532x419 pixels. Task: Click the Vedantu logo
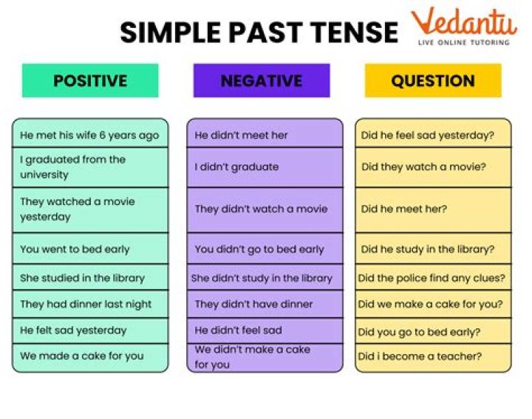(463, 22)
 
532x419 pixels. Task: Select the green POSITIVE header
(90, 80)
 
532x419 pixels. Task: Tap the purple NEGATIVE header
(262, 80)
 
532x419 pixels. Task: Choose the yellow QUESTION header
(433, 80)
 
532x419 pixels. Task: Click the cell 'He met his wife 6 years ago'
(90, 135)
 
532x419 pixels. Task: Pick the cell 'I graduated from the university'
(90, 167)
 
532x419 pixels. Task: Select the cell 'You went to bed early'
(90, 249)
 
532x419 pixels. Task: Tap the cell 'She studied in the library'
(90, 278)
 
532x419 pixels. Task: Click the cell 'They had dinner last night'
(90, 304)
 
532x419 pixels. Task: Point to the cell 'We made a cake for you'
(90, 356)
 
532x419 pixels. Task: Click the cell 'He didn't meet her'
(265, 135)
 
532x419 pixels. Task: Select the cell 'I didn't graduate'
(265, 167)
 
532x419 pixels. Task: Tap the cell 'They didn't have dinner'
(265, 304)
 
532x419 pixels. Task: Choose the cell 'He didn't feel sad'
(265, 330)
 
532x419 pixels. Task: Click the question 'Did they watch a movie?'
(433, 167)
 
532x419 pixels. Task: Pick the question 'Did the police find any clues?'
(433, 278)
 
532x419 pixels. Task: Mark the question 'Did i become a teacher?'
(433, 356)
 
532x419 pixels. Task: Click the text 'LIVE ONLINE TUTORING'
(463, 43)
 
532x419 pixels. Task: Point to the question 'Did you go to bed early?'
(433, 331)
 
